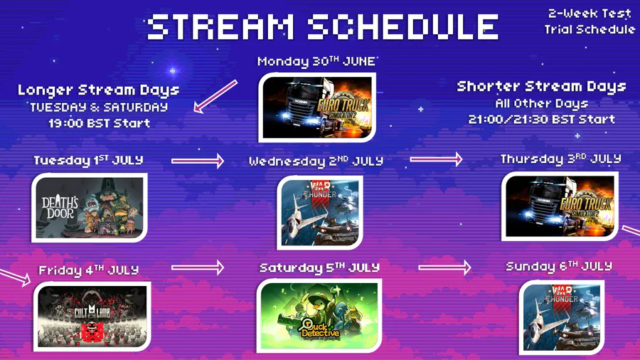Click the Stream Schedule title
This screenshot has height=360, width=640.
(x=322, y=27)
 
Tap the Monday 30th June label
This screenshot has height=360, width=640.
(x=316, y=61)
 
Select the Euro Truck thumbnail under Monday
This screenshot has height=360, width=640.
(x=317, y=107)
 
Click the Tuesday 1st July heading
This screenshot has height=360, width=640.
(x=89, y=160)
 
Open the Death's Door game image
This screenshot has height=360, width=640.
(x=90, y=208)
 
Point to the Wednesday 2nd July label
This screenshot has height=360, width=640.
(x=316, y=161)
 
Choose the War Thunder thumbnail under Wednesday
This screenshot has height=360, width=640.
(x=319, y=212)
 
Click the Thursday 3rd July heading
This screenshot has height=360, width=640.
(x=561, y=159)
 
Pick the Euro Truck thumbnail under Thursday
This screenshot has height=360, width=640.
(x=560, y=206)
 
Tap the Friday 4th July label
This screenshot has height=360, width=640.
(x=89, y=270)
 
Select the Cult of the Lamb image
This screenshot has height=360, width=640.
(x=92, y=317)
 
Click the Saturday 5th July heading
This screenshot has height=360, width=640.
(x=319, y=268)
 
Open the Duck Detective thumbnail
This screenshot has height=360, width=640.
(x=319, y=315)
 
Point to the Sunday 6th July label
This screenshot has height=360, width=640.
(x=559, y=267)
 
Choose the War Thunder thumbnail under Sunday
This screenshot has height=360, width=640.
(x=562, y=317)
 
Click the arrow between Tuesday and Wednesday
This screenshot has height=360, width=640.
(x=198, y=161)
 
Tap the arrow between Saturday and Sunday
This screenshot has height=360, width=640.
(x=444, y=268)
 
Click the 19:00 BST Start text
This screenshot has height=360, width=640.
(x=99, y=123)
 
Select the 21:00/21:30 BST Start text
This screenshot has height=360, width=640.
(x=542, y=120)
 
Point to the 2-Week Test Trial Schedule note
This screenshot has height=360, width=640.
(x=590, y=21)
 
